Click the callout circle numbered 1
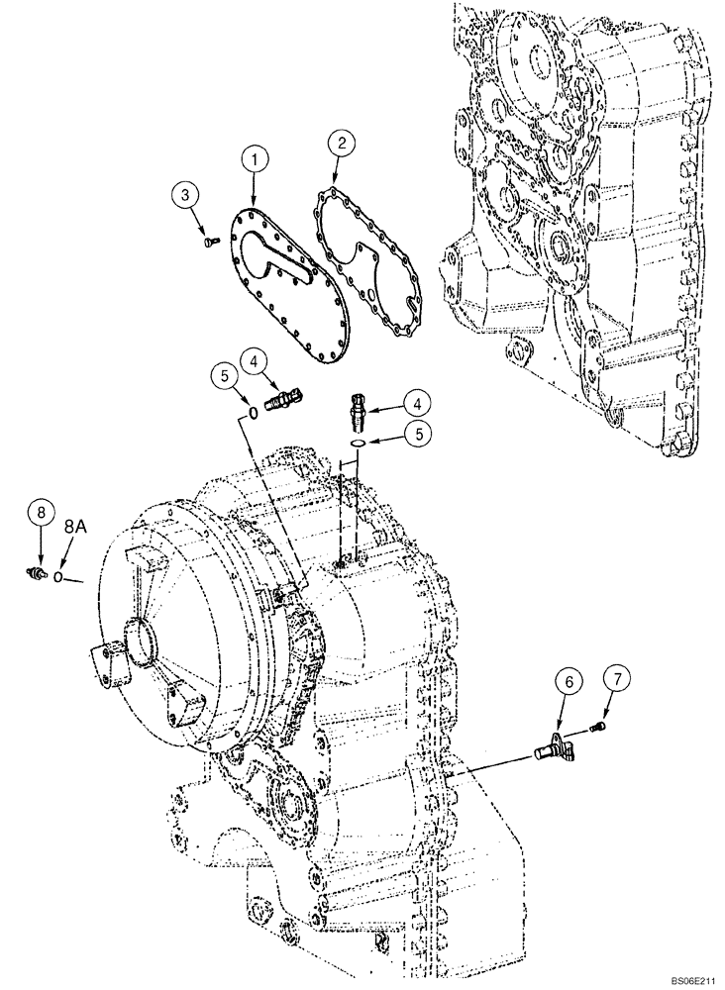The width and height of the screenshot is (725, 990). [257, 158]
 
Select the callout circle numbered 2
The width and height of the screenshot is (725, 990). [341, 144]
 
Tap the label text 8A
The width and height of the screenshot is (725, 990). [76, 531]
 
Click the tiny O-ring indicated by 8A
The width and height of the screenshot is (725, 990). [59, 577]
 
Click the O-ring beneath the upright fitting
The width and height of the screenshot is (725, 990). [360, 445]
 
